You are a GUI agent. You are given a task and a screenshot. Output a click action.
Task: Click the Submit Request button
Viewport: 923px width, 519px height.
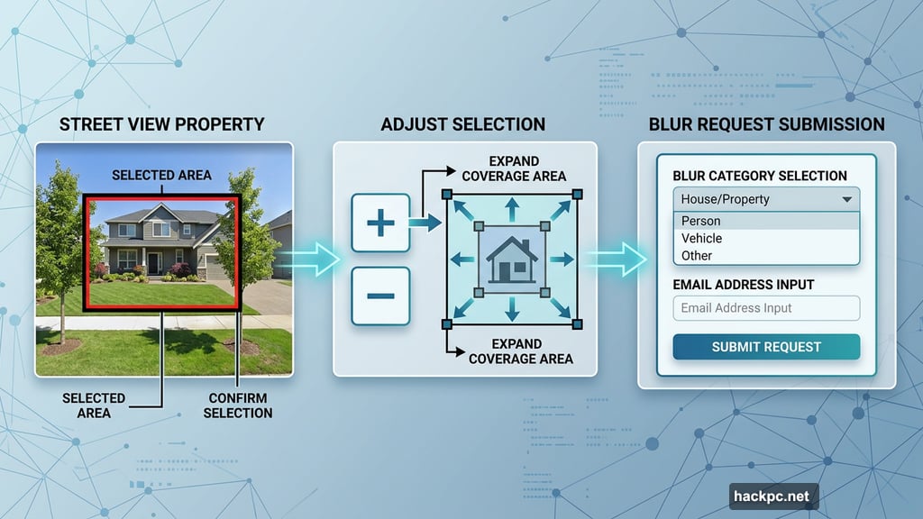[766, 347]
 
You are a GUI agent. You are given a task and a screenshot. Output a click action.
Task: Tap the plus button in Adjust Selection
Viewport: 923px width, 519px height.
[380, 223]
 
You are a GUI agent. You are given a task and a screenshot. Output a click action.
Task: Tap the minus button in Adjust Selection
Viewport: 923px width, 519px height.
[380, 296]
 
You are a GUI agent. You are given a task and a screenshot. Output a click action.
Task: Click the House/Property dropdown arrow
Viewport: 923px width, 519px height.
[846, 199]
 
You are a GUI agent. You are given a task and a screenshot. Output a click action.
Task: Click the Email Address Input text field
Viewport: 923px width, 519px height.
[766, 307]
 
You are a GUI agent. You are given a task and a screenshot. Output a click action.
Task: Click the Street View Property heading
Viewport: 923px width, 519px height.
[162, 124]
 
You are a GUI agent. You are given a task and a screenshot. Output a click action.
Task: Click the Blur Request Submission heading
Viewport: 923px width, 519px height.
[766, 124]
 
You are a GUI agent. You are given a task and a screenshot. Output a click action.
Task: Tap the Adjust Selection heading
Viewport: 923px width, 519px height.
[462, 124]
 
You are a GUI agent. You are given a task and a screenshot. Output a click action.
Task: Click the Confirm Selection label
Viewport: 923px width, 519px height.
[238, 405]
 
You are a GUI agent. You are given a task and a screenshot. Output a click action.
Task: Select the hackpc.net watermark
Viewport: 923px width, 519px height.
[774, 496]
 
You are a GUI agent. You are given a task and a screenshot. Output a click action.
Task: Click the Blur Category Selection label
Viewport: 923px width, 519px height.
[759, 176]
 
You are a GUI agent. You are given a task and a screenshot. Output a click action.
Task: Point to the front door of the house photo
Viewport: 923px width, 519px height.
[153, 262]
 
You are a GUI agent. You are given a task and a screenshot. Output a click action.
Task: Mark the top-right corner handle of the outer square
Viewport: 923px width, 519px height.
[577, 194]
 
